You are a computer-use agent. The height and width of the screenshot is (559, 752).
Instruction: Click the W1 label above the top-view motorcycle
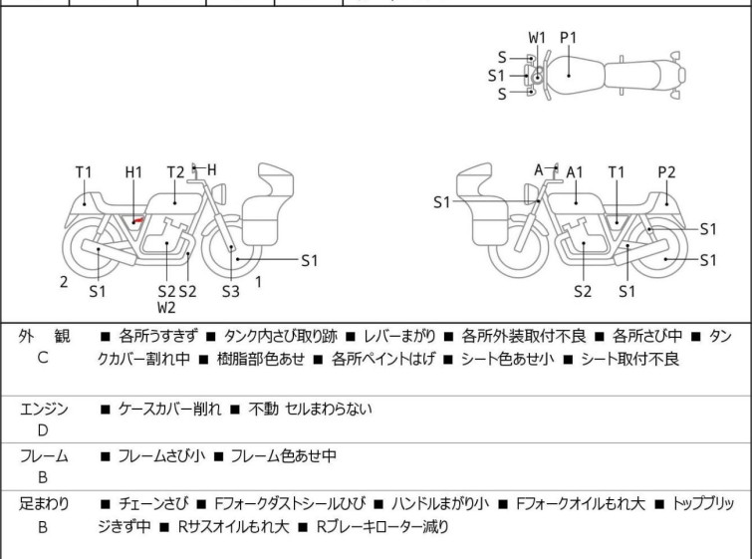[538, 38]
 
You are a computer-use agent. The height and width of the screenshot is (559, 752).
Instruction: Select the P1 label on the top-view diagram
[569, 38]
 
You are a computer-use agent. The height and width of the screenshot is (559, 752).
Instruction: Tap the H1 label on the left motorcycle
[134, 172]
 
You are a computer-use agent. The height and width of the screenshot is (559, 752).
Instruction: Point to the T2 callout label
[176, 172]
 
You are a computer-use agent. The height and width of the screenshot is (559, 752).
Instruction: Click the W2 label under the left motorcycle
[166, 308]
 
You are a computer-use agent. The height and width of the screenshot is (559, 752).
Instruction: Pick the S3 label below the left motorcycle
[231, 292]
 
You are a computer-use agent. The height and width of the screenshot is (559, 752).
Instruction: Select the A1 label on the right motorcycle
[575, 172]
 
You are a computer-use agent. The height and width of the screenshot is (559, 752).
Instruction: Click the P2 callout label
[666, 172]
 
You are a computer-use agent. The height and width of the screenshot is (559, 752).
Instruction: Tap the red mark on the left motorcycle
[138, 218]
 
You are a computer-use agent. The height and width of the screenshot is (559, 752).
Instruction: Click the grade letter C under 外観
[43, 359]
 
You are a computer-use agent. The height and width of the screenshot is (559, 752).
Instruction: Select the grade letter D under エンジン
[43, 429]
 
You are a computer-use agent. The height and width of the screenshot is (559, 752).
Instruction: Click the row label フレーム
[44, 456]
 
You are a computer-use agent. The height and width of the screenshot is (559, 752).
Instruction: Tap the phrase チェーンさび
[151, 504]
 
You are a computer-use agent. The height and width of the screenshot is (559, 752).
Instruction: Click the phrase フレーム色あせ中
[283, 456]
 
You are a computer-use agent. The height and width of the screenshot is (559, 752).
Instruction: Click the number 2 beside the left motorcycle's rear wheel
[64, 282]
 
